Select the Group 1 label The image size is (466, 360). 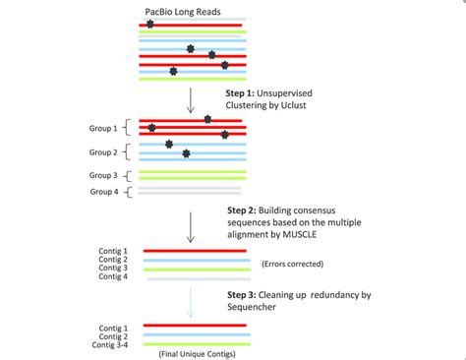point(103,128)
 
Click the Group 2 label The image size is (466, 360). point(103,152)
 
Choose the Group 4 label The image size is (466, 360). point(103,192)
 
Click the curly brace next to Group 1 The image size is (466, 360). point(128,128)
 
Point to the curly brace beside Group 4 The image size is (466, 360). point(128,191)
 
